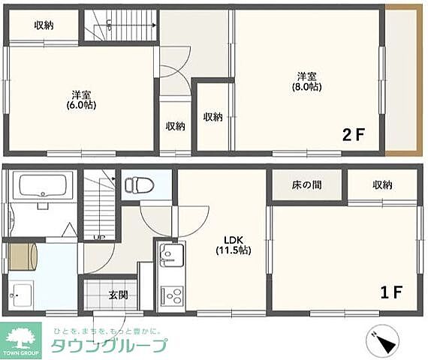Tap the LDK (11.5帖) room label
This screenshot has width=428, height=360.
click(x=234, y=244)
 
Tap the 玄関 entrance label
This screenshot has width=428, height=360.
click(x=118, y=295)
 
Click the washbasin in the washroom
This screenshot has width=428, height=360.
click(x=20, y=293)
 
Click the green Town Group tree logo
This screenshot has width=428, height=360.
click(x=23, y=339)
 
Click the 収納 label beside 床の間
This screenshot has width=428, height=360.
click(x=381, y=184)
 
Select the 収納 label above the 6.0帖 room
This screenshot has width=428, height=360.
click(x=44, y=25)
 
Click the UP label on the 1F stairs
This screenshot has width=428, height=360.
click(x=98, y=238)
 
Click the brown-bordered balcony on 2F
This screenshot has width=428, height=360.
click(x=405, y=79)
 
